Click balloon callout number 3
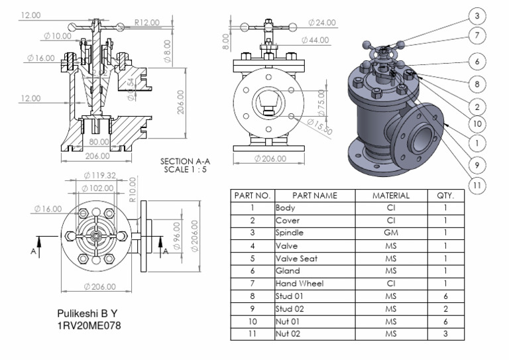click(477, 15)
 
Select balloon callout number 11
click(477, 186)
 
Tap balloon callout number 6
click(477, 61)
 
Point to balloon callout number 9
click(477, 164)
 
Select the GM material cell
click(390, 233)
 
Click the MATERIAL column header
click(390, 196)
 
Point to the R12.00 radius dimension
click(146, 23)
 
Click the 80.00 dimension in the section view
click(99, 142)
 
